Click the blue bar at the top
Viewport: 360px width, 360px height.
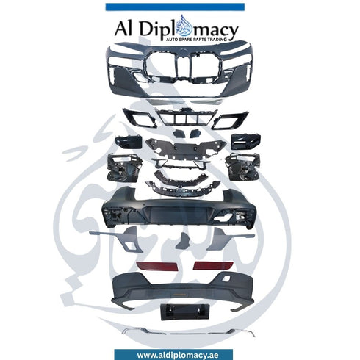[175, 7]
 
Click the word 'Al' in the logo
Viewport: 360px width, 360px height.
[123, 29]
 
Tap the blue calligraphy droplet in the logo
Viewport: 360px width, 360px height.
[185, 25]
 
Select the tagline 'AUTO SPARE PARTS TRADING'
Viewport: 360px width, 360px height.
[197, 40]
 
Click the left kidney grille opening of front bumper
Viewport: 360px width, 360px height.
[160, 65]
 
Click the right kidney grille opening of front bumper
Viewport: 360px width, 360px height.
[206, 65]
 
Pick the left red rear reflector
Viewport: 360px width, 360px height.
[157, 266]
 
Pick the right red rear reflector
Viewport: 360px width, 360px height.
[213, 266]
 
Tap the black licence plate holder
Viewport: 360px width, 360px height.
[185, 312]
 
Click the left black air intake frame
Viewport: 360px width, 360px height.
[140, 118]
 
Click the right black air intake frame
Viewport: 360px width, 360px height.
[230, 120]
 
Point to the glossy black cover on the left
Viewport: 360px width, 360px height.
[129, 142]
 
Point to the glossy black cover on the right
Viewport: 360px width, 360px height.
[245, 141]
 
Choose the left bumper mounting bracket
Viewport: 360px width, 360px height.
[124, 168]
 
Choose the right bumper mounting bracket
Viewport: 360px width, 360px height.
[242, 167]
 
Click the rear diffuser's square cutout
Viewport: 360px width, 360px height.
[227, 278]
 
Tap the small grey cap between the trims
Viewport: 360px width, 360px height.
[184, 240]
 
